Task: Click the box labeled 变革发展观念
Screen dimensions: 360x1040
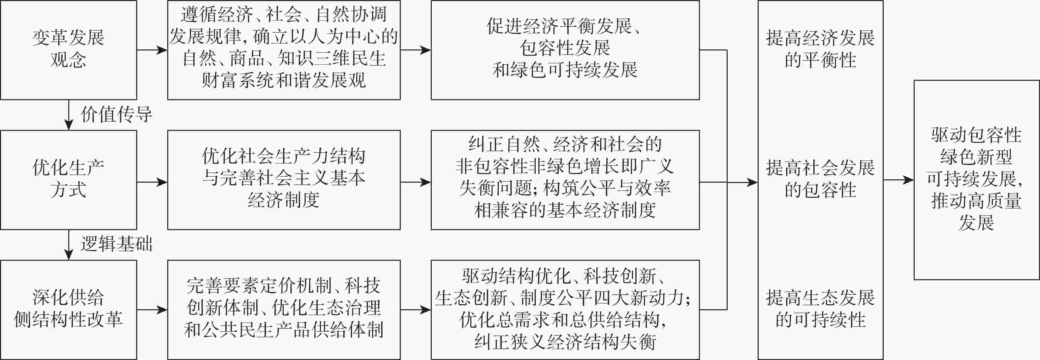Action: (x=68, y=50)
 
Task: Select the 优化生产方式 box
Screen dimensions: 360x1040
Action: (x=68, y=180)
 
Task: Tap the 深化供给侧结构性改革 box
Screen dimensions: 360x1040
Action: (x=68, y=310)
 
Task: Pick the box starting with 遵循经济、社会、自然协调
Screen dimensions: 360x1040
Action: (x=284, y=50)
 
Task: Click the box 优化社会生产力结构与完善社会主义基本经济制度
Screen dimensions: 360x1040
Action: (x=284, y=180)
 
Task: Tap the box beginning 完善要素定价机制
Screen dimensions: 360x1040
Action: (x=284, y=310)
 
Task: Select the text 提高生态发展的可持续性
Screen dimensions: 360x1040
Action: (x=820, y=309)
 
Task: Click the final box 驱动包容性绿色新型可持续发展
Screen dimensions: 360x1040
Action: (x=976, y=180)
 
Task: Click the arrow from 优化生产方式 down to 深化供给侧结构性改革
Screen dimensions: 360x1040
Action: (x=69, y=245)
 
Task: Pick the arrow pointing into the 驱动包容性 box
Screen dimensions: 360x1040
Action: (x=898, y=180)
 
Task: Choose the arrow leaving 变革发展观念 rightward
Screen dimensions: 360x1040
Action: (x=152, y=50)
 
